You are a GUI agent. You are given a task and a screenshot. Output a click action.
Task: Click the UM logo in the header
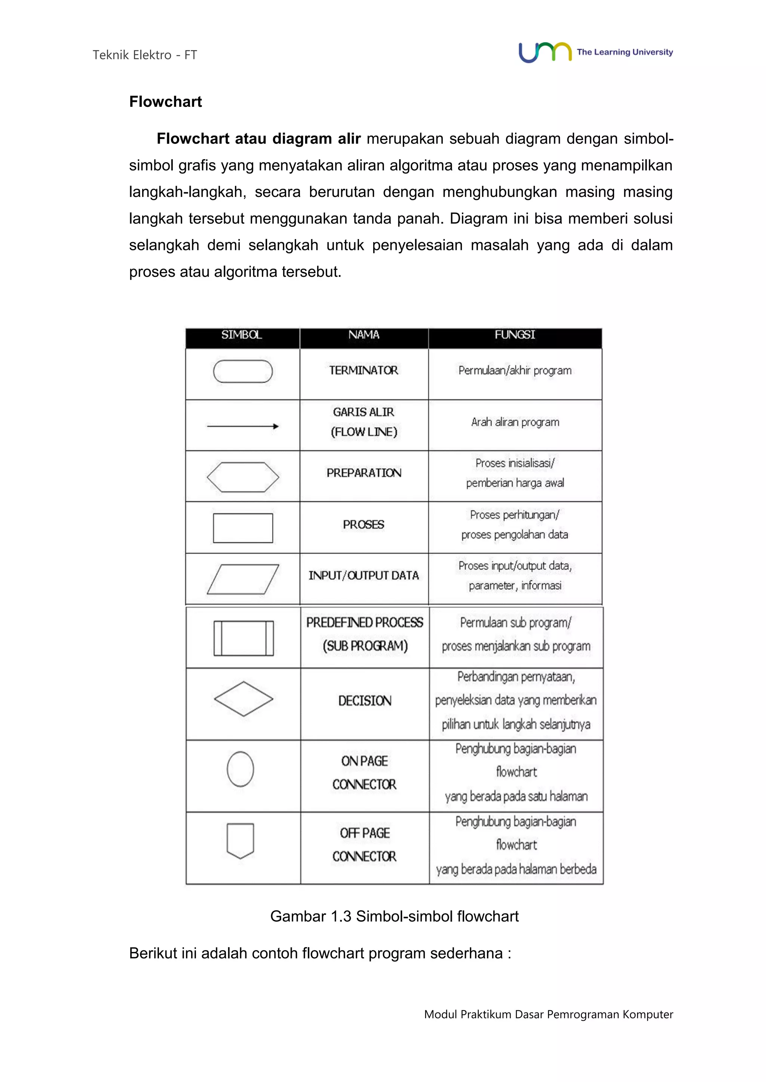545,52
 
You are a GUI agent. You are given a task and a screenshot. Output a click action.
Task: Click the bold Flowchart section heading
166,102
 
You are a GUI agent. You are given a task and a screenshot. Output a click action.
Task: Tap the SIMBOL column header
242,335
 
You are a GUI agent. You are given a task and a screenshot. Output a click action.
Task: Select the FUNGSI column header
515,335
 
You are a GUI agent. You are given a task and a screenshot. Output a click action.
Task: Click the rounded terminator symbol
243,371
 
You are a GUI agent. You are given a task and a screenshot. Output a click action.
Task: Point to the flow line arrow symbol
243,426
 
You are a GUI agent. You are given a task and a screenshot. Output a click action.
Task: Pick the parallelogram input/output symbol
243,579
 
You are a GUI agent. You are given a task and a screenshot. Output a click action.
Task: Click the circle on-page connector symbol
240,769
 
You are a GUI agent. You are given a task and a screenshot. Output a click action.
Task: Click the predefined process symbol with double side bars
243,639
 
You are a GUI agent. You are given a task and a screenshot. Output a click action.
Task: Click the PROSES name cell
364,525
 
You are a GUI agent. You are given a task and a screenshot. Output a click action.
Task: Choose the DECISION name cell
365,701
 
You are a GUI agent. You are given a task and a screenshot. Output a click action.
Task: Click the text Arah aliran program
515,422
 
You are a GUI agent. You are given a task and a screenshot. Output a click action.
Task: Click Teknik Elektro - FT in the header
145,55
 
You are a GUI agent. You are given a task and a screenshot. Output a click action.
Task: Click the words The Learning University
625,52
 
